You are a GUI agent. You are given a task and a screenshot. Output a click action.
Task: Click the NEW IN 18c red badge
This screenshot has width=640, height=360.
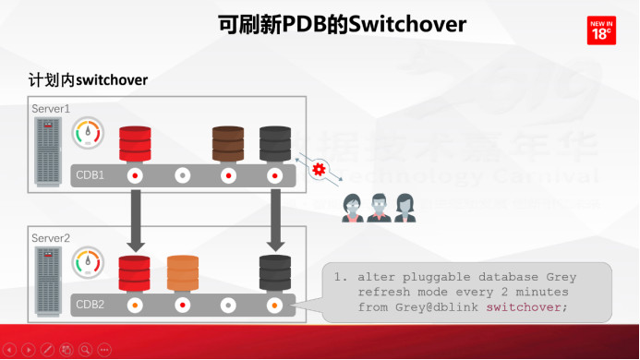(602, 30)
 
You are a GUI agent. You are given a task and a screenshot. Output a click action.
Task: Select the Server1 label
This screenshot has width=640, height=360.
(52, 109)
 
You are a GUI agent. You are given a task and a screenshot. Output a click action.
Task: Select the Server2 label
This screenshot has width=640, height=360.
(52, 238)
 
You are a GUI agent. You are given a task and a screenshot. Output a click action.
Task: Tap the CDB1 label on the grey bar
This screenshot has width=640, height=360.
(90, 174)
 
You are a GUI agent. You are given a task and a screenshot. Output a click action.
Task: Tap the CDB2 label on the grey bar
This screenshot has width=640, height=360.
(90, 304)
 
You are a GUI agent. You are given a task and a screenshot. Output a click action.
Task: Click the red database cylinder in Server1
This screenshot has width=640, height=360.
(135, 144)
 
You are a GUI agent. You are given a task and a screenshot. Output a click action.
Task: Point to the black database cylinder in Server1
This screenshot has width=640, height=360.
(275, 144)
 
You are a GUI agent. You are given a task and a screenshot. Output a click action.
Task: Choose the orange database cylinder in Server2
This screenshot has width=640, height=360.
(183, 273)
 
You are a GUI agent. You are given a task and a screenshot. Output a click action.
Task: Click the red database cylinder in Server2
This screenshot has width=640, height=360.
(135, 273)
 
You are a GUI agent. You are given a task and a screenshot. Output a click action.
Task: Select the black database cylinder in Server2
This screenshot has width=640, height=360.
(275, 273)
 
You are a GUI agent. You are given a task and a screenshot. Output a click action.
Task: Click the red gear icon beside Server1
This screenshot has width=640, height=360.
(320, 169)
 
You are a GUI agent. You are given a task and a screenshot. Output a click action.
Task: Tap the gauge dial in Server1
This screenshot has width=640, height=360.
(89, 133)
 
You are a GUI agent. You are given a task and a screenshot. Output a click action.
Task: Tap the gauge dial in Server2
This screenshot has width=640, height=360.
(89, 262)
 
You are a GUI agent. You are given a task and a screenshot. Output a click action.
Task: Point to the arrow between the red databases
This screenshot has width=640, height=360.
(135, 220)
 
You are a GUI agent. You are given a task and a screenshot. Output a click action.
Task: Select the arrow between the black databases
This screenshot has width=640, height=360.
(275, 220)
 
